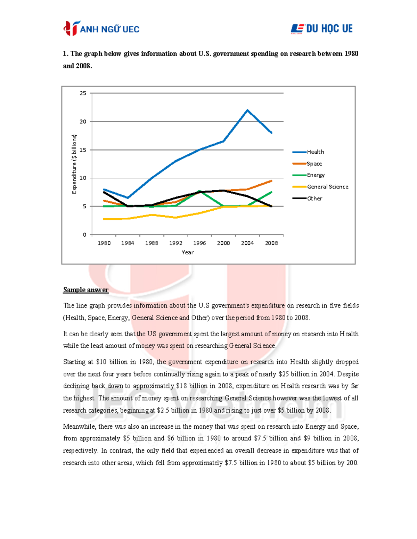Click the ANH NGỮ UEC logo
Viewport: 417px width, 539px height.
click(x=101, y=28)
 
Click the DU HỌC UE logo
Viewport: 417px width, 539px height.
click(x=322, y=28)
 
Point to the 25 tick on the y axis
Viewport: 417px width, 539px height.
click(x=83, y=93)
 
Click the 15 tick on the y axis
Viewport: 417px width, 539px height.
click(x=83, y=150)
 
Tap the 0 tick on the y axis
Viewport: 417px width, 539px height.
click(x=84, y=235)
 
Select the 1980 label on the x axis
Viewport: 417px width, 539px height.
click(x=104, y=243)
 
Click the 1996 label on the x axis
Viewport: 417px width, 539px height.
click(x=199, y=243)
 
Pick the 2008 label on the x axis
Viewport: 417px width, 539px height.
click(x=271, y=243)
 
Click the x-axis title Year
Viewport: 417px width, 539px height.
click(x=188, y=252)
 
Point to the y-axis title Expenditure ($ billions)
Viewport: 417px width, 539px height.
click(x=74, y=164)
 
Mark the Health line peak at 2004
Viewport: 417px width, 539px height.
click(x=247, y=110)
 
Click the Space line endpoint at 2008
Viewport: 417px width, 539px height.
click(x=271, y=181)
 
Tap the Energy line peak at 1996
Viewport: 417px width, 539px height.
click(x=199, y=191)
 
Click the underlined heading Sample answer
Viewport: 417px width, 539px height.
click(x=86, y=290)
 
